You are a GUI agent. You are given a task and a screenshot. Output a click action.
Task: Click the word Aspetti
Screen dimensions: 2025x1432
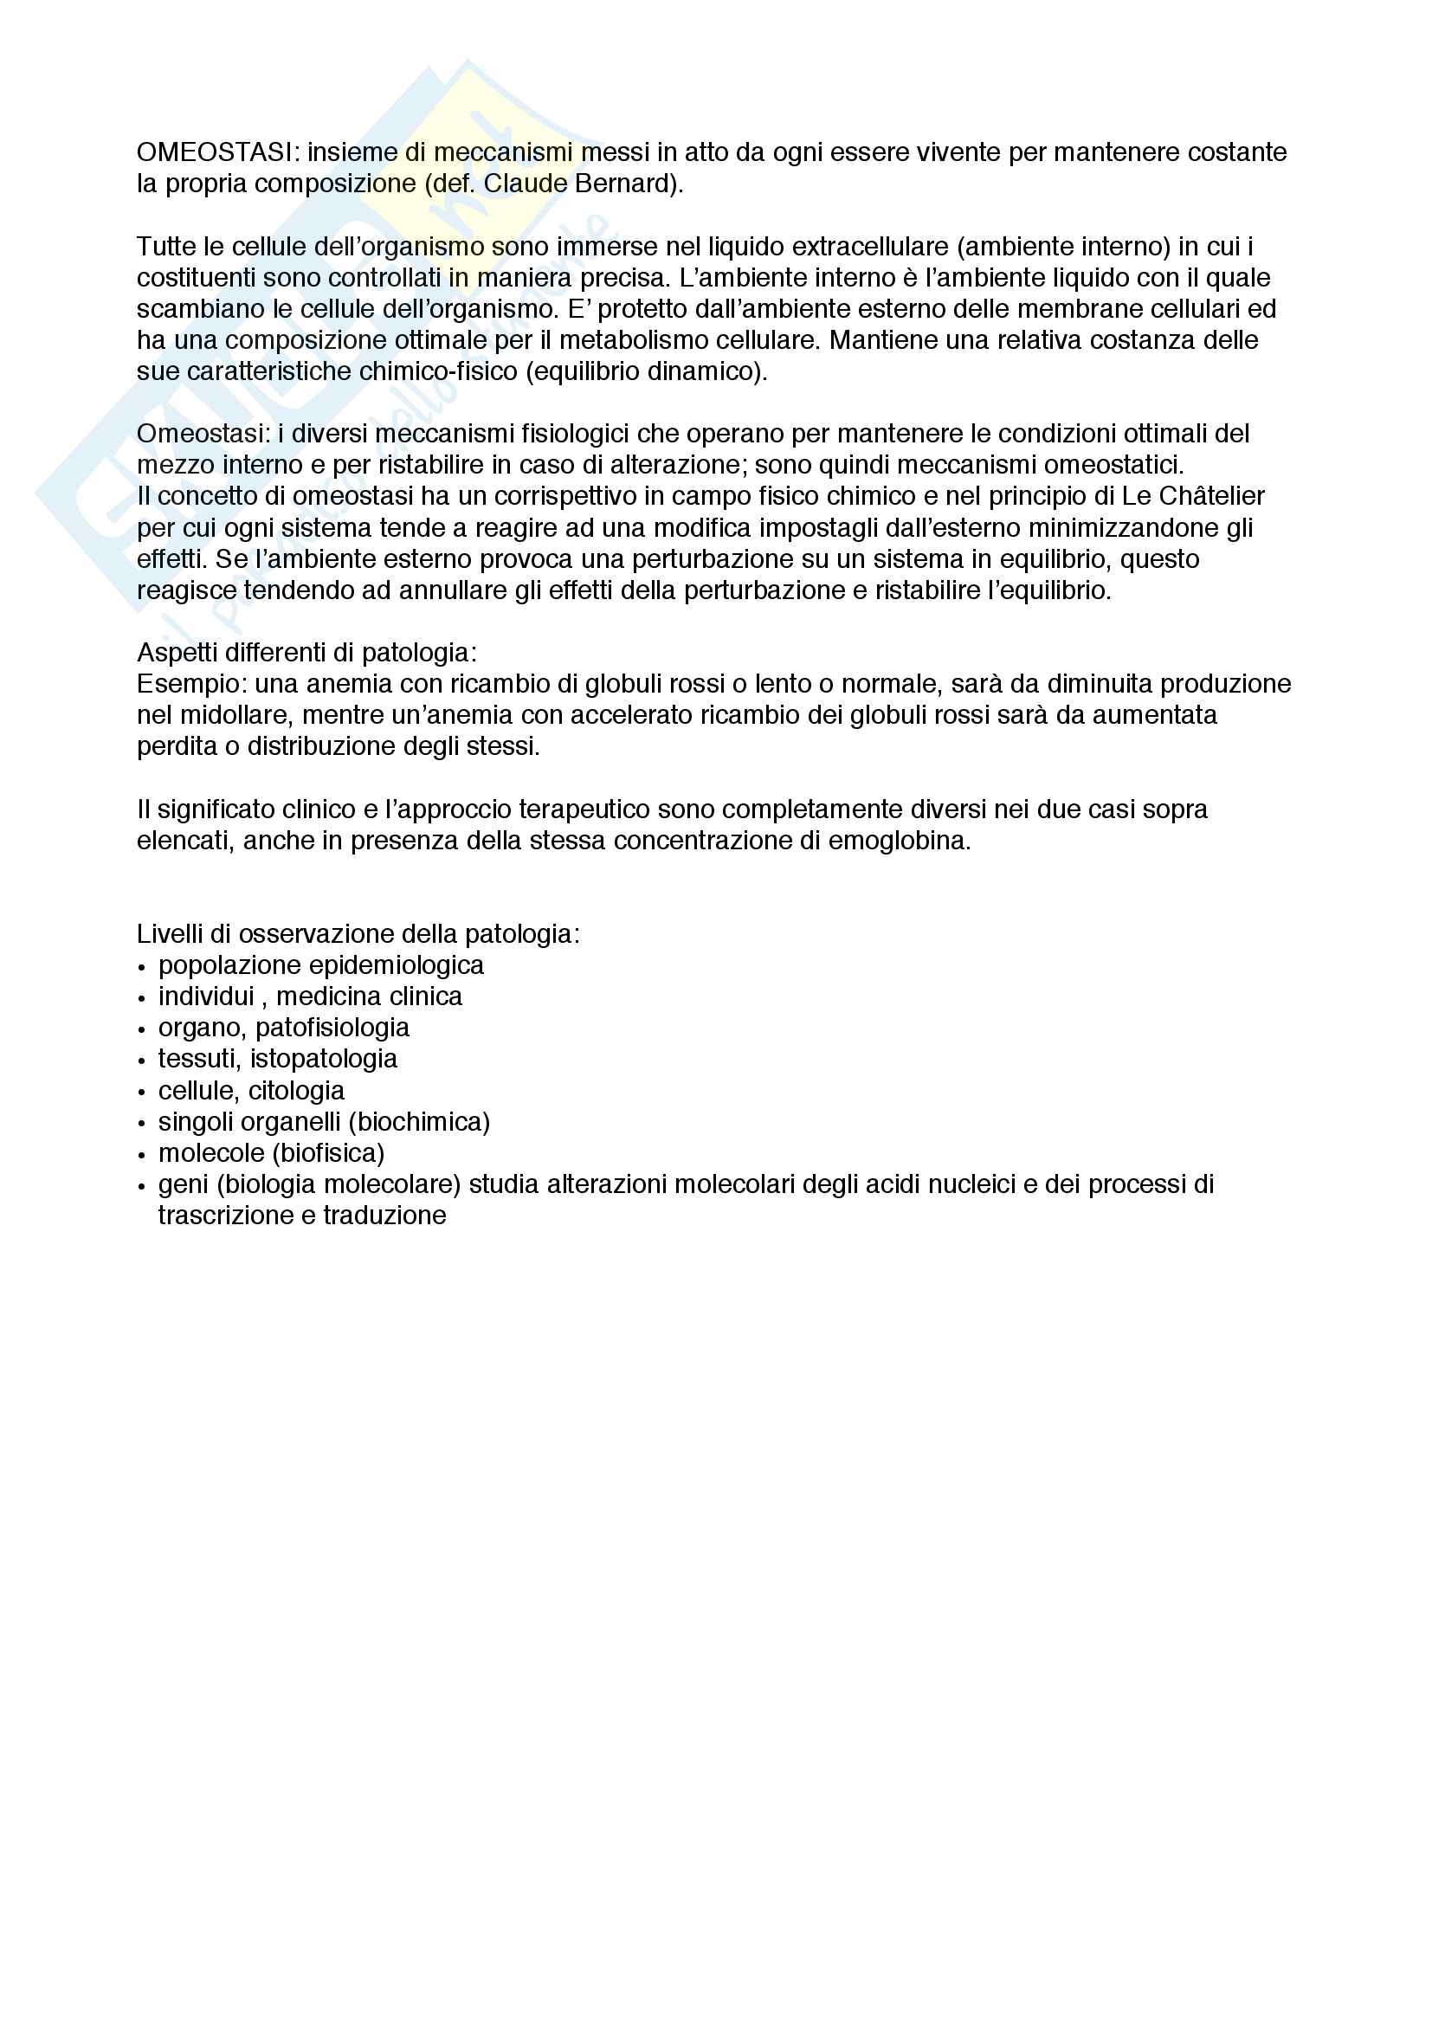tap(180, 653)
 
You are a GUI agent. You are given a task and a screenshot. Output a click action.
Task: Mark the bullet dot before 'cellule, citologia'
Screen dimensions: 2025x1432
tap(142, 1093)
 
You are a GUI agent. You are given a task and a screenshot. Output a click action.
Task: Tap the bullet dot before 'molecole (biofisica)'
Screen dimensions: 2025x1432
tap(142, 1156)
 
